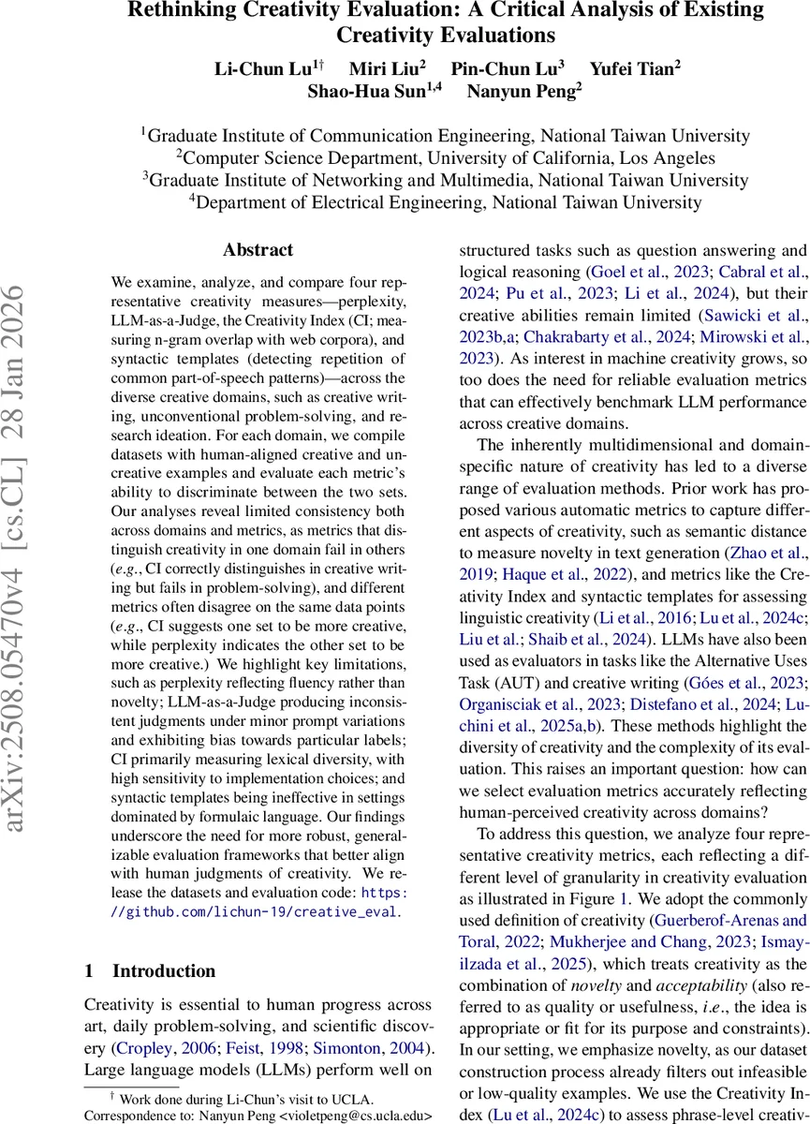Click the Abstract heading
click(x=258, y=250)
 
